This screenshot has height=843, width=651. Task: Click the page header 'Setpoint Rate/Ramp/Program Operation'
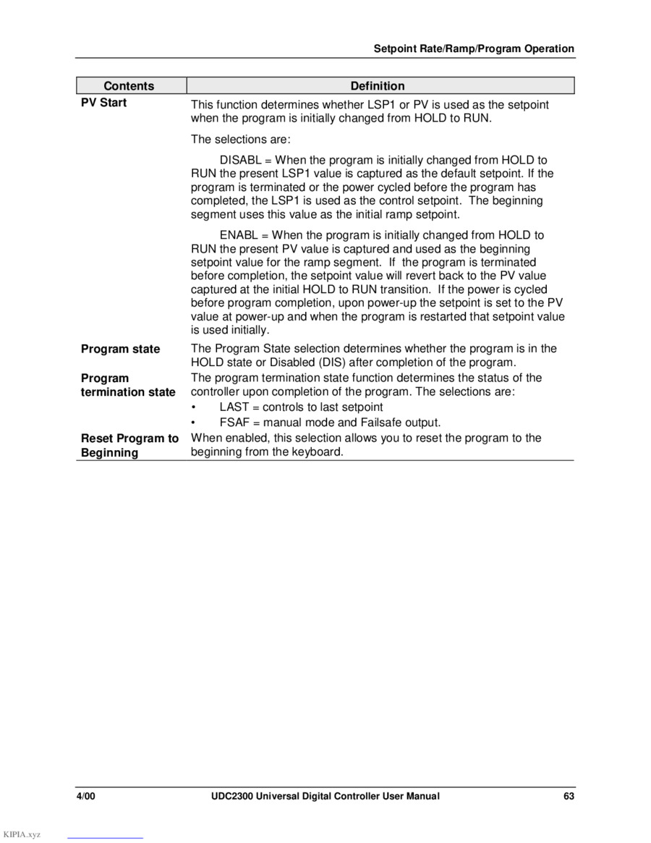[x=474, y=49]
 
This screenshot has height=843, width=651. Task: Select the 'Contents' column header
[x=129, y=86]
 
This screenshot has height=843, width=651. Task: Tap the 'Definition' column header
[x=378, y=86]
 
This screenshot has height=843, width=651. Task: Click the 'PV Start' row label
[x=103, y=103]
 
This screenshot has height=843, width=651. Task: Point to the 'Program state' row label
[x=120, y=349]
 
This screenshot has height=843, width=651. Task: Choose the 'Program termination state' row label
[x=127, y=385]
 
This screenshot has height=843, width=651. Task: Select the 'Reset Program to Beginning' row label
[x=129, y=445]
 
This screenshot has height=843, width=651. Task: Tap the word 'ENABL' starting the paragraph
[x=237, y=235]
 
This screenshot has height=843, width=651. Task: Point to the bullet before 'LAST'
[x=194, y=407]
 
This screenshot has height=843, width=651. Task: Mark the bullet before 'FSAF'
[x=194, y=423]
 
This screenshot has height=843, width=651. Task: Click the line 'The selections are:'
[x=240, y=139]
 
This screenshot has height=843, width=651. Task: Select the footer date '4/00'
[x=86, y=796]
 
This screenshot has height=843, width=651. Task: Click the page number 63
[x=569, y=796]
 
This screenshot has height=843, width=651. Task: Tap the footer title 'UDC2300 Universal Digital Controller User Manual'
[x=320, y=796]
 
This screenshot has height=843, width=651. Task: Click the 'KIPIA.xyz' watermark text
[x=22, y=834]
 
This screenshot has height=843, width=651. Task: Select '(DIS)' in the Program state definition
[x=305, y=362]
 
